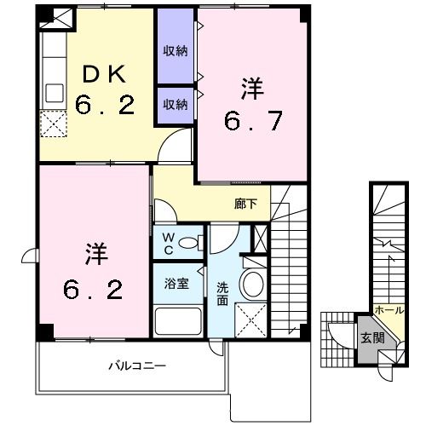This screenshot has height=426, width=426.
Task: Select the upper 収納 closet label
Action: pos(176,51)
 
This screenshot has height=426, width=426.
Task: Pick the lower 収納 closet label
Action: pos(176,105)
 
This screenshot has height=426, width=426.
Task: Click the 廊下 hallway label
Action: pos(245,204)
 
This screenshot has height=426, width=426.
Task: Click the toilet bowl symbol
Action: pos(193,242)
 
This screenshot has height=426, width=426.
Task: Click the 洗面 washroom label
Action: pos(222,293)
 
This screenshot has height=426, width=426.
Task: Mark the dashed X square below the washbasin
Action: pos(252,322)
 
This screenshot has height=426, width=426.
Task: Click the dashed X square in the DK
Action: pos(55,124)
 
